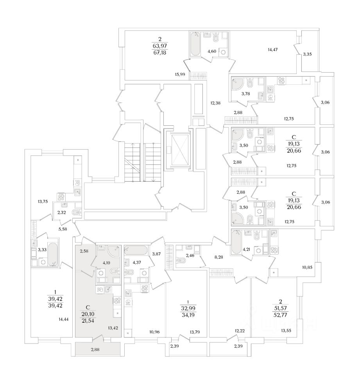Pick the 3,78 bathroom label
[x=245, y=93]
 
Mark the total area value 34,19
[x=186, y=314]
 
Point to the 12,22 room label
[x=240, y=331]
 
